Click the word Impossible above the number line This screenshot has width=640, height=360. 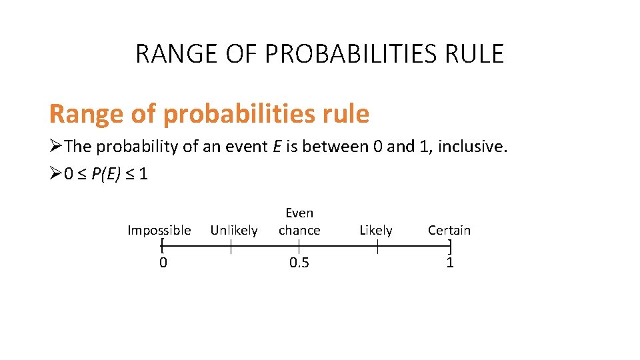tap(159, 231)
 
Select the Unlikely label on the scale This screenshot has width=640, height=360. tap(234, 231)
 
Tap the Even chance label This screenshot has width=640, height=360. tap(299, 221)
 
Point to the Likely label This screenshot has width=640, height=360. tap(376, 231)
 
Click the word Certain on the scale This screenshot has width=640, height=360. tap(449, 231)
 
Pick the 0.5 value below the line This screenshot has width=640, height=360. tap(299, 263)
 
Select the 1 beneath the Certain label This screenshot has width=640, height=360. tap(450, 263)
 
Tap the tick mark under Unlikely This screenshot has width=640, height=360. tap(231, 248)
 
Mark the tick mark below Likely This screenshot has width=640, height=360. tap(377, 248)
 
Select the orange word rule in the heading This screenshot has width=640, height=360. tap(345, 114)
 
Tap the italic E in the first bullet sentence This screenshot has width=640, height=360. tap(276, 147)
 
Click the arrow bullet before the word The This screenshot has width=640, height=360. tap(56, 147)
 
